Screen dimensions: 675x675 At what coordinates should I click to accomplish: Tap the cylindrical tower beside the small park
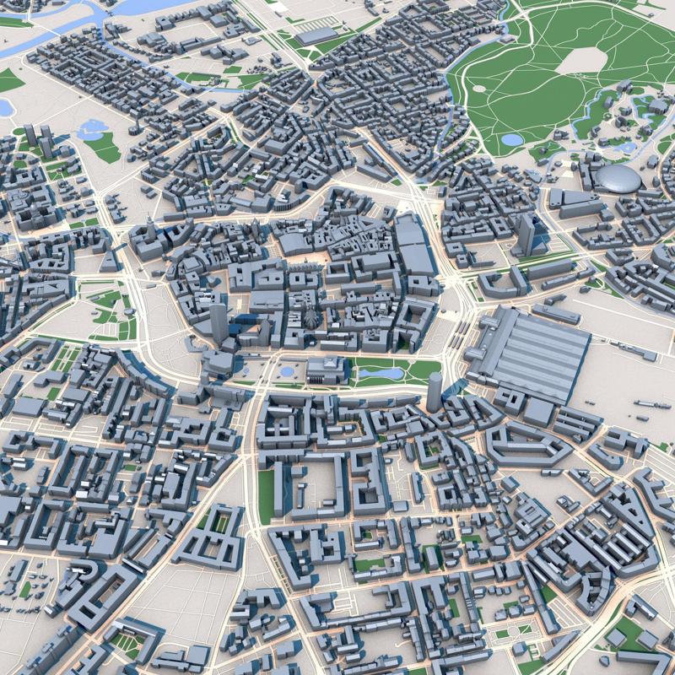pos(435,392)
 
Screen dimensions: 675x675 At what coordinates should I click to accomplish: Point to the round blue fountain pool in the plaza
pos(288,371)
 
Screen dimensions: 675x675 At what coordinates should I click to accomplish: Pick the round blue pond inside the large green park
pos(511,140)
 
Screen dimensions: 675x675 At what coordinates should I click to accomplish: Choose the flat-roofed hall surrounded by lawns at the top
pos(316,36)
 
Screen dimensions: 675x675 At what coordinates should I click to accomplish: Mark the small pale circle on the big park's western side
pos(478,88)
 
